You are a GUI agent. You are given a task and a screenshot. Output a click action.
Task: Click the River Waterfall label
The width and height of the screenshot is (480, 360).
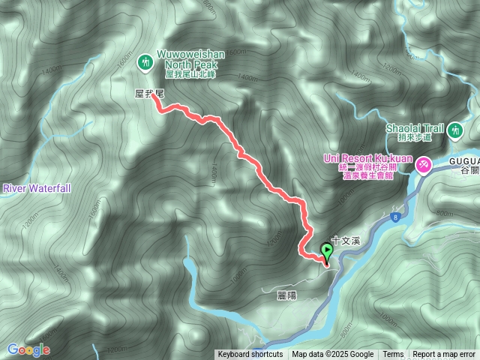pos(35,187)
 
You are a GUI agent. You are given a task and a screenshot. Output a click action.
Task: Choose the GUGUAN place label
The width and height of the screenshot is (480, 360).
pos(464,160)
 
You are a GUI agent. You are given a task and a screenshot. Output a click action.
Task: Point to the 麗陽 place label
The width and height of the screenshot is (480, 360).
pos(286,295)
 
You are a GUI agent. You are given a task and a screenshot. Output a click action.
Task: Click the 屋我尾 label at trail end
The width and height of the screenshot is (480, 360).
pos(148,91)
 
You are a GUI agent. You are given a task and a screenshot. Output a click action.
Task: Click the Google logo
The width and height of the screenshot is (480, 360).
pos(28,349)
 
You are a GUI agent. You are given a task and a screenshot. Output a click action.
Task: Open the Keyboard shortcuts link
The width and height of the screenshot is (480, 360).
pos(250,355)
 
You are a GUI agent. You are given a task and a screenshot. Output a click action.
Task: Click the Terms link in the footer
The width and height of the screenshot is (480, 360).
pos(393,355)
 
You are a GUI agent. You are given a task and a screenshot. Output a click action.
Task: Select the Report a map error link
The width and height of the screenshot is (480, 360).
pos(444,355)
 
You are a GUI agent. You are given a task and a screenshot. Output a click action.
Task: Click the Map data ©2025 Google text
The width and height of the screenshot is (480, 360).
pos(333,355)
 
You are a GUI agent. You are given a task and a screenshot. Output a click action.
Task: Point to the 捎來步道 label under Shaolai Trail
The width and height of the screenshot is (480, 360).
pos(417,137)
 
